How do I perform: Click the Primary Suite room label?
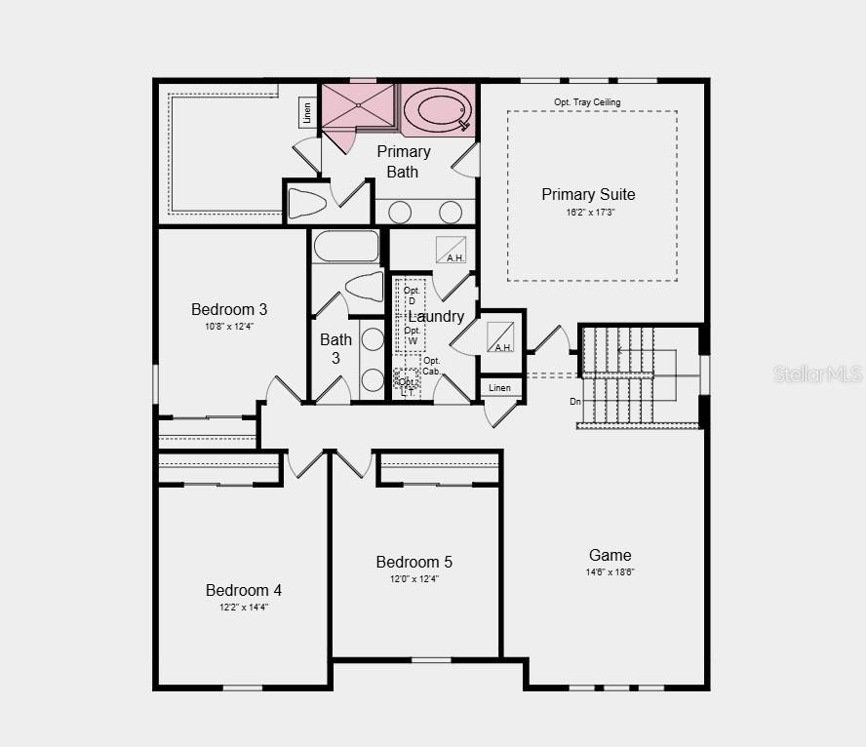coord(588,194)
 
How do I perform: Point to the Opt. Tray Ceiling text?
coord(587,102)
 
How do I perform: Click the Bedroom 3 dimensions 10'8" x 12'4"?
coord(229,327)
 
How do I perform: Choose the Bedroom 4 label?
coord(244,590)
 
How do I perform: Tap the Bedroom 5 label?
coord(414,562)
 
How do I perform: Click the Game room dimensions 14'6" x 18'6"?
coord(610,572)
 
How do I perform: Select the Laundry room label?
coord(436,317)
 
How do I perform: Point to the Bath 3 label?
coord(335,348)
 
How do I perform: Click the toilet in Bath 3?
coord(365,287)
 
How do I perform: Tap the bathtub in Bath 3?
coord(346,246)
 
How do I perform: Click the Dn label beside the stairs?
coord(575,401)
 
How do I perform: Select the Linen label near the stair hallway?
coord(499,388)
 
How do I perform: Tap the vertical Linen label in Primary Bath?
coord(307,112)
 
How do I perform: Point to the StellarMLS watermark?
coord(817,373)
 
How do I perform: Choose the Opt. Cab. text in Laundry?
coord(431,366)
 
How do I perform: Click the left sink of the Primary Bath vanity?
coord(400,212)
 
